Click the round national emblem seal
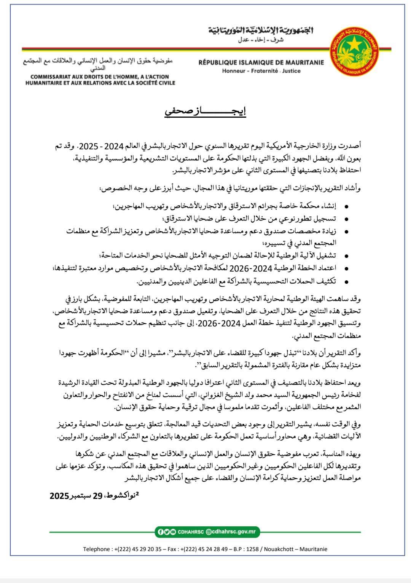pyautogui.click(x=355, y=51)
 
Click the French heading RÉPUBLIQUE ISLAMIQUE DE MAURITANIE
pyautogui.click(x=261, y=62)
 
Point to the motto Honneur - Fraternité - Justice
pyautogui.click(x=261, y=71)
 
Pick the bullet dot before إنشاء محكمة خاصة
pyautogui.click(x=346, y=207)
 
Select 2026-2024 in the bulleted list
pyautogui.click(x=249, y=268)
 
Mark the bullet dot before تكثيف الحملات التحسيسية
pyautogui.click(x=346, y=282)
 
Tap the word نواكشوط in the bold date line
pyautogui.click(x=121, y=495)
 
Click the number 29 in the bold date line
pyautogui.click(x=98, y=495)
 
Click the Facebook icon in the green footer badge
pyautogui.click(x=161, y=532)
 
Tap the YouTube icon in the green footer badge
pyautogui.click(x=173, y=532)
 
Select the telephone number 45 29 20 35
pyautogui.click(x=145, y=549)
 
